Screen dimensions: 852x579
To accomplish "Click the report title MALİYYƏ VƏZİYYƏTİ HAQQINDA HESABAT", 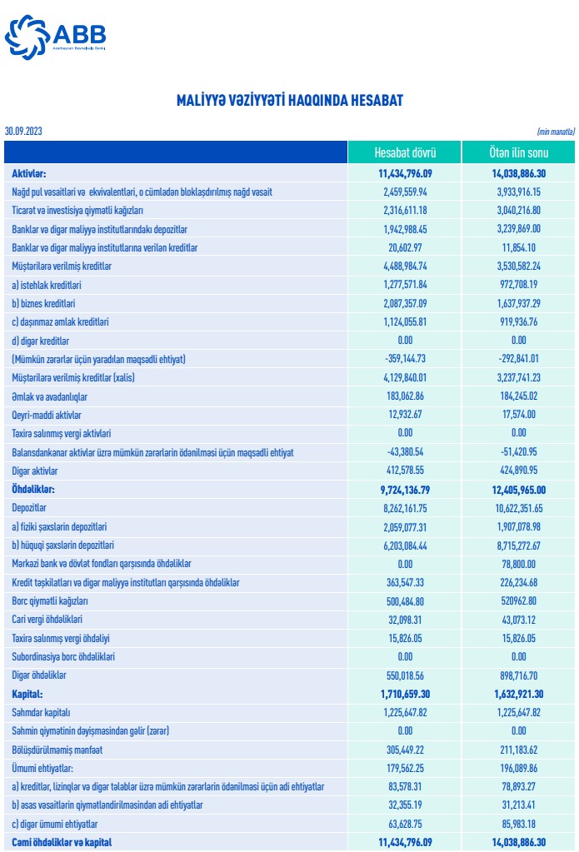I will (289, 101).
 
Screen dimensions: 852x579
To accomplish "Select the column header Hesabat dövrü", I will (404, 153).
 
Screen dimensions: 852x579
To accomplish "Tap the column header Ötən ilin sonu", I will (518, 153).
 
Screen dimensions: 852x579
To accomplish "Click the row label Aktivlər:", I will (28, 174).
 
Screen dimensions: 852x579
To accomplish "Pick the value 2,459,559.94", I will (404, 192).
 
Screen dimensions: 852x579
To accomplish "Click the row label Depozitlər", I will (29, 508).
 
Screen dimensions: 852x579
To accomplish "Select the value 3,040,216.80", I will (518, 211).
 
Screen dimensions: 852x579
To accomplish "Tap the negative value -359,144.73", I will (404, 359).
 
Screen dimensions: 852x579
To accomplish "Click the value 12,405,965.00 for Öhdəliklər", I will (518, 490).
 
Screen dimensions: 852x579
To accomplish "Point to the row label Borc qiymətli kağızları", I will (50, 600).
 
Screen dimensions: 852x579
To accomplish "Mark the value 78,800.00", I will (518, 564).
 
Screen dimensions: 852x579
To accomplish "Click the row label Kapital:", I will (27, 694).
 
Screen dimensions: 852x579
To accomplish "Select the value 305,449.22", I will (404, 750).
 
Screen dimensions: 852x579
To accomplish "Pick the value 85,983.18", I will (518, 824).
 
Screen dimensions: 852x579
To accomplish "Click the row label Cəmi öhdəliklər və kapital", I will (62, 842).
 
